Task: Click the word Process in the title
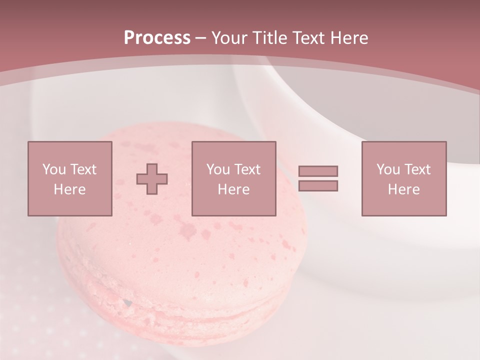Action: click(x=157, y=38)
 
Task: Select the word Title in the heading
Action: click(x=271, y=38)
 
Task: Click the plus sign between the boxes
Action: click(x=152, y=179)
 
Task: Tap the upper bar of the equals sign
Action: click(x=318, y=171)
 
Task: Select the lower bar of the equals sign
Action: click(x=318, y=186)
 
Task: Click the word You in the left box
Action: click(x=54, y=169)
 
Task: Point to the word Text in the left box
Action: click(x=83, y=169)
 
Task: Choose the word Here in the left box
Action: click(x=69, y=189)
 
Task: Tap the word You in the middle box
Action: click(x=218, y=169)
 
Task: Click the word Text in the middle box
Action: click(x=247, y=169)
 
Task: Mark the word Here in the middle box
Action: click(x=233, y=189)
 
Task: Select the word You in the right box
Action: click(x=388, y=169)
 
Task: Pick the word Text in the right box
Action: click(x=417, y=169)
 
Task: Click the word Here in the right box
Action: click(x=403, y=189)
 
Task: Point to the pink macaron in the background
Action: click(x=175, y=265)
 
